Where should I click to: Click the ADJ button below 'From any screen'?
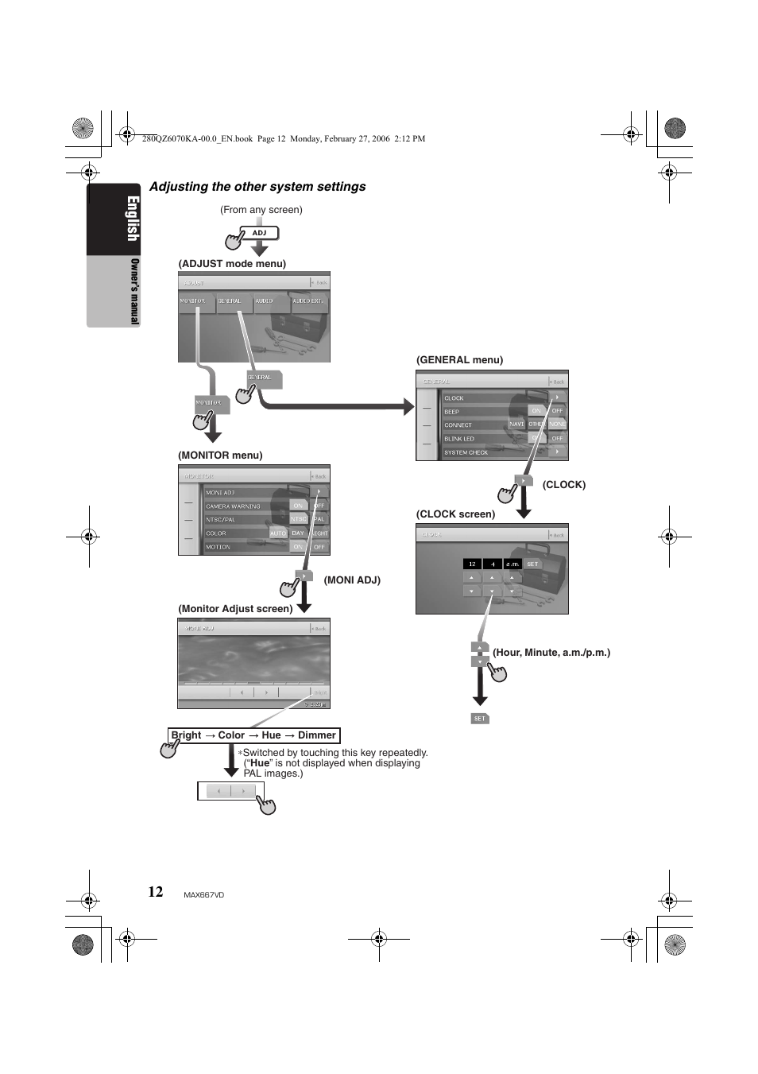(260, 233)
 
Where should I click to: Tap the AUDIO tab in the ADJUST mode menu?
(265, 301)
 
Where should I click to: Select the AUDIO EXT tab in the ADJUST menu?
(309, 301)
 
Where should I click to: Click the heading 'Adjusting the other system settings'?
(257, 187)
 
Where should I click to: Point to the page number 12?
(155, 891)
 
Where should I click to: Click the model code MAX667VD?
(204, 895)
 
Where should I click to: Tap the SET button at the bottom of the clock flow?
(479, 719)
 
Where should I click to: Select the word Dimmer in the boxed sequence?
(316, 735)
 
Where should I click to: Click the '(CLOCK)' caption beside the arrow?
(563, 485)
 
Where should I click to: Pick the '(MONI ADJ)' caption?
(352, 580)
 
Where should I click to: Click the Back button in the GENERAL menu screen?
(558, 382)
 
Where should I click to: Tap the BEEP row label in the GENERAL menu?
(452, 412)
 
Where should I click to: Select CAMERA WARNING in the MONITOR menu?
(233, 506)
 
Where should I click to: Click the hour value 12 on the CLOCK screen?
(472, 564)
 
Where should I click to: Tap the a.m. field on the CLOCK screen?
(512, 564)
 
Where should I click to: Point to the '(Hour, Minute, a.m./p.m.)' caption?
(551, 653)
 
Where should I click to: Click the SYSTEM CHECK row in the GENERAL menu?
(466, 452)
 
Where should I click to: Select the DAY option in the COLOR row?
(298, 533)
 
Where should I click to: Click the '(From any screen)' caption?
(261, 210)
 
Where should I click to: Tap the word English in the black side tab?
(113, 219)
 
